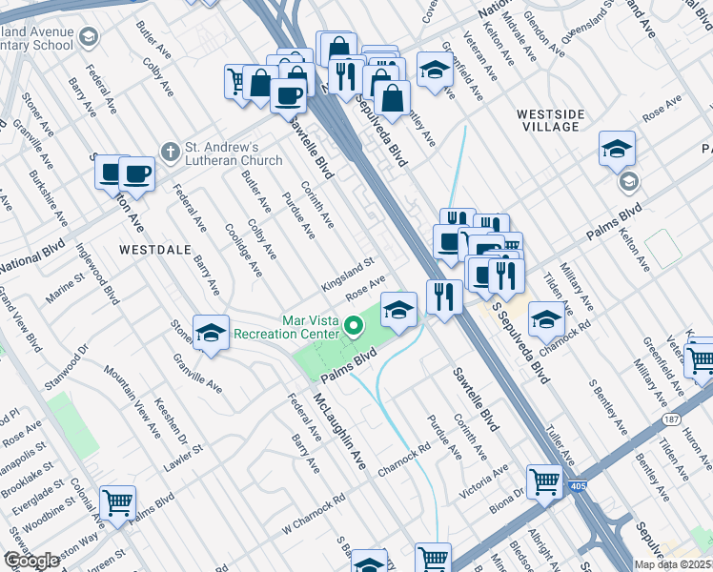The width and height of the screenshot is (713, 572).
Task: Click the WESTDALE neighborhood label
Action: click(151, 249)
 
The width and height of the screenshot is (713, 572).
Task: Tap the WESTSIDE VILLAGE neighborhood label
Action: click(549, 120)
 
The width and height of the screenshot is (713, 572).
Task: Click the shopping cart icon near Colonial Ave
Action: click(117, 502)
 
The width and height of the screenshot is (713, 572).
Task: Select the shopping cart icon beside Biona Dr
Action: click(544, 481)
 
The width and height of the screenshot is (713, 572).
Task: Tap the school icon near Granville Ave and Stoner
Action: click(211, 332)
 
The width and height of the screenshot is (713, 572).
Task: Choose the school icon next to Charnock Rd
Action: click(545, 319)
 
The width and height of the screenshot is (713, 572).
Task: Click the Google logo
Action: click(31, 562)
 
